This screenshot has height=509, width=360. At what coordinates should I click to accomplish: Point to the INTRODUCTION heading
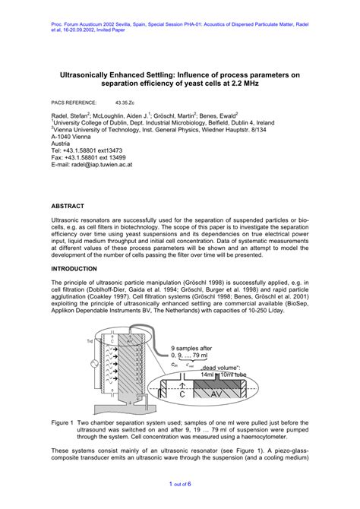point(80,269)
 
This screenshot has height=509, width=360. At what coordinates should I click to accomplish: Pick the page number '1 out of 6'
point(179,483)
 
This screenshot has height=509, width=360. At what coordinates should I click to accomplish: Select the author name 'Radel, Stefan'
point(73,115)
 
